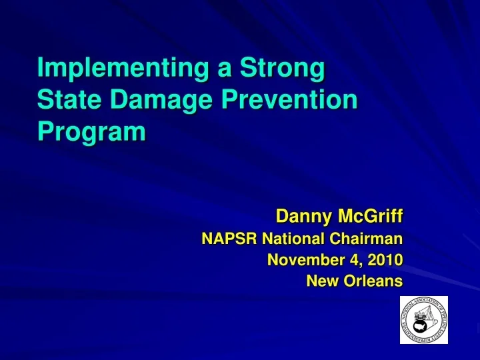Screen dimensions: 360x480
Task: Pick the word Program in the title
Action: click(92, 131)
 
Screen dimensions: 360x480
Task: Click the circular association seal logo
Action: click(423, 320)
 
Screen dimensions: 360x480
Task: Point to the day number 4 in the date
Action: click(351, 259)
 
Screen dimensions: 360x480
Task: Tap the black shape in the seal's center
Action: click(421, 325)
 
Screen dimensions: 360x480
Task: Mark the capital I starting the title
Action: click(41, 69)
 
